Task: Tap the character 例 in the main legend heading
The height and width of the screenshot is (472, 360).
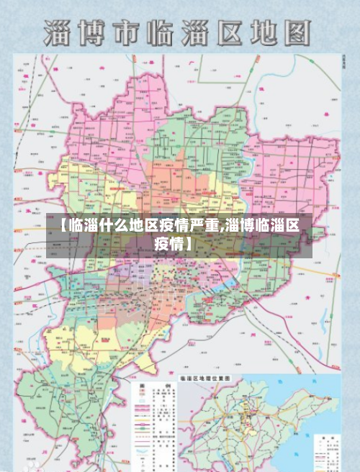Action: [166, 386]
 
